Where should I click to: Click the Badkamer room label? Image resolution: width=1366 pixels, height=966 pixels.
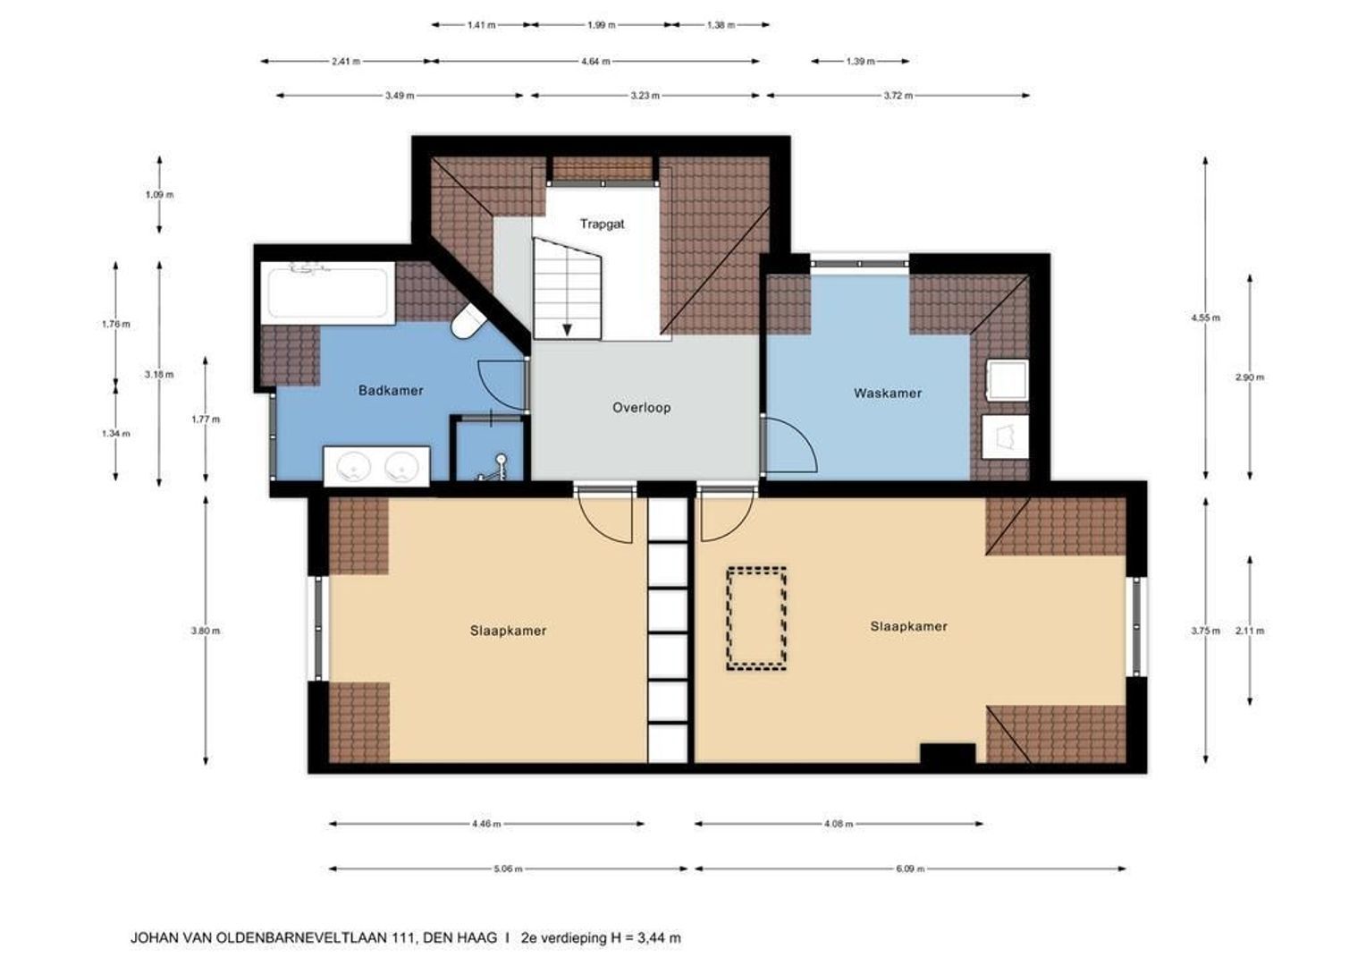[x=391, y=391]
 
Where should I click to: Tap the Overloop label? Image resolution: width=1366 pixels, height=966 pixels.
[x=642, y=408]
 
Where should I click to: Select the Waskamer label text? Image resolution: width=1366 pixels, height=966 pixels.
[x=888, y=393]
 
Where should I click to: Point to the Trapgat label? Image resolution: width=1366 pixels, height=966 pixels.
[x=602, y=224]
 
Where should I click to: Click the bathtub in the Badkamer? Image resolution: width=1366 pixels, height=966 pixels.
[x=328, y=292]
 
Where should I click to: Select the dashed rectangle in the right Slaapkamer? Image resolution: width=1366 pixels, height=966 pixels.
[x=756, y=619]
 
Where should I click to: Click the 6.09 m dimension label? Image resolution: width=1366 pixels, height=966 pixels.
[x=910, y=869]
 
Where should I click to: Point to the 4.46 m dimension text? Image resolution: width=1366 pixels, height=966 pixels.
[x=486, y=824]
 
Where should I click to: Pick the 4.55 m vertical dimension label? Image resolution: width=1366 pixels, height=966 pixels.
[x=1206, y=318]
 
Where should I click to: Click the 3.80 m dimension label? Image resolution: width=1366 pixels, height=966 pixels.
[x=206, y=631]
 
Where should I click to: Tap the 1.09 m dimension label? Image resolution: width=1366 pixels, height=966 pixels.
[x=159, y=195]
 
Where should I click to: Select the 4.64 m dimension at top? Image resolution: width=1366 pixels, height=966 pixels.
[x=595, y=61]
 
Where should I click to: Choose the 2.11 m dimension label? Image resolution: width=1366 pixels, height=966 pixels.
[x=1250, y=631]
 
